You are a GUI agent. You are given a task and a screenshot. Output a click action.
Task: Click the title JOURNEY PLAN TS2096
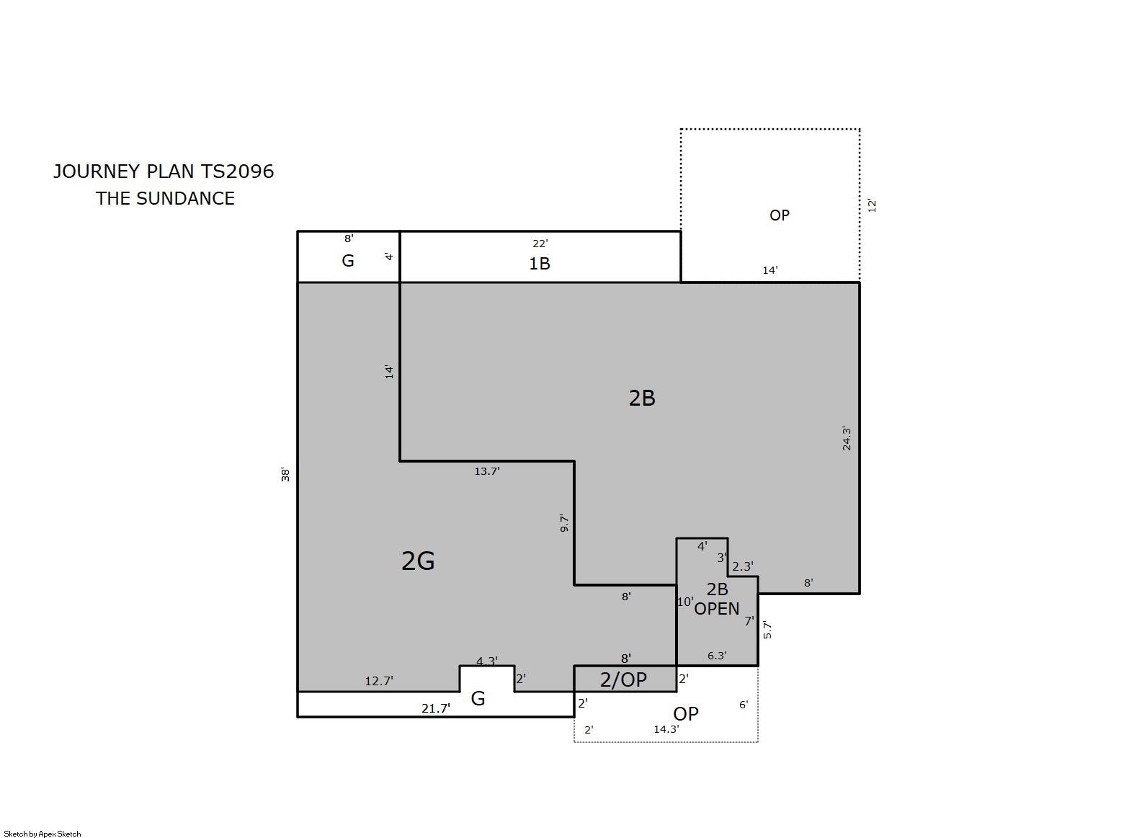coord(164,171)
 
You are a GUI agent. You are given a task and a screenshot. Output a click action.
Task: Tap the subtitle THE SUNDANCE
coord(165,198)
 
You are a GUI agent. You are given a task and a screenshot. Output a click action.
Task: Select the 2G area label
coord(418,561)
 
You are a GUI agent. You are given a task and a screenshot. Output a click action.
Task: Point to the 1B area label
coord(540,264)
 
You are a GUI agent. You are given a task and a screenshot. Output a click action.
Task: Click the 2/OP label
coord(623,679)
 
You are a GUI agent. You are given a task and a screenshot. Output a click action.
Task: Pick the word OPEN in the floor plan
coord(717,609)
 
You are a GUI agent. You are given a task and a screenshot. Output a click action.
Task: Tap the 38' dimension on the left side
coord(285,475)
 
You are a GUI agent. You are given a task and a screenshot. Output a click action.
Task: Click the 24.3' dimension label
coord(847,438)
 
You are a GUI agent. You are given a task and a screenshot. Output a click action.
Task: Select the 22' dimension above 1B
coord(540,244)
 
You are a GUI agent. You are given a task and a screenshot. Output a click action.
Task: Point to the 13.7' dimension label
coord(487,471)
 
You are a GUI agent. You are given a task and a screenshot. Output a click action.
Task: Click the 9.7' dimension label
coord(564,524)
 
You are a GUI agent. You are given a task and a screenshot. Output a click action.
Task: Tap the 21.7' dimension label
coord(436,708)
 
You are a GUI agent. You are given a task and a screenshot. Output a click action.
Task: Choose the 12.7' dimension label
coord(379,681)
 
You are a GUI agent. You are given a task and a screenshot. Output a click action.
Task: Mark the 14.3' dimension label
coord(666,729)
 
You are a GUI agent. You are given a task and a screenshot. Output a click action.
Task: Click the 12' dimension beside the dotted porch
coord(872,205)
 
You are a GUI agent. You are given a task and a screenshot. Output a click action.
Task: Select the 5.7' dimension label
coord(768,630)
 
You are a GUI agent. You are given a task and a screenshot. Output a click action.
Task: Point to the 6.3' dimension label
coord(717,656)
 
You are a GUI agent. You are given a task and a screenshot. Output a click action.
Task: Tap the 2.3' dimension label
coord(743,566)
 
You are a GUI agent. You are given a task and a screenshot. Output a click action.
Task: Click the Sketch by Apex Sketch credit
coord(43,834)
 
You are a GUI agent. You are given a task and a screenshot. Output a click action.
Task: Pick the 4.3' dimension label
coord(487,661)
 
